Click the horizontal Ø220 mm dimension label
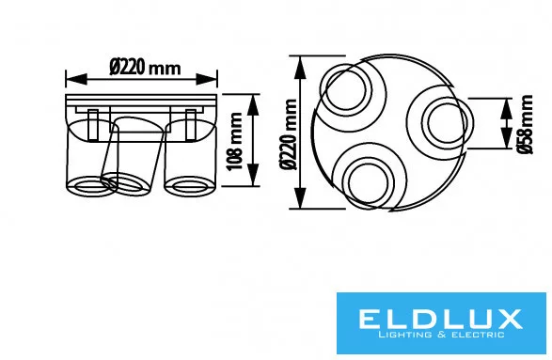[145, 67]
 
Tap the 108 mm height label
[234, 141]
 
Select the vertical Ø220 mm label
[289, 134]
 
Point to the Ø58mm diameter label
[525, 124]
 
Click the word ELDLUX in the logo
[440, 319]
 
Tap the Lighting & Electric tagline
[441, 335]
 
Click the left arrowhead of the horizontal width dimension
[76, 79]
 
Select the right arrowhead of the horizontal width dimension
[207, 79]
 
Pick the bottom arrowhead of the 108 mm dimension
[253, 175]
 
